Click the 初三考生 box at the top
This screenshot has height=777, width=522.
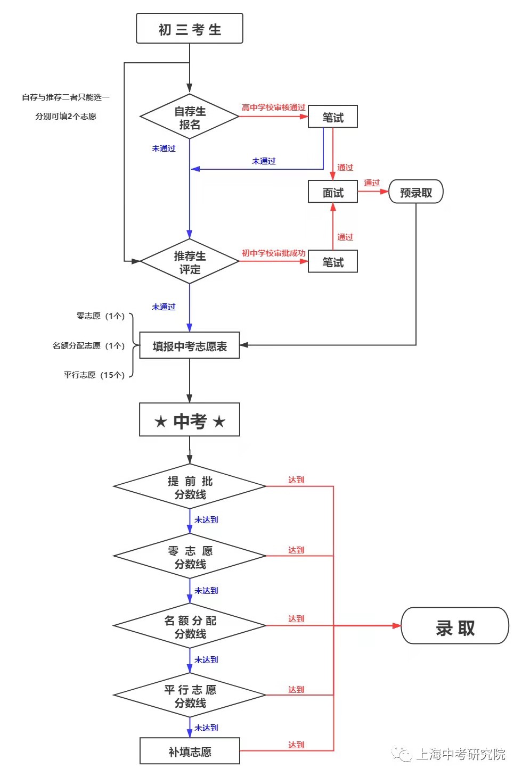tap(190, 29)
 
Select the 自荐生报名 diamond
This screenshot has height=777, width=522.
tap(190, 117)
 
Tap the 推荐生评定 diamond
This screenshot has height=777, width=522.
tap(190, 262)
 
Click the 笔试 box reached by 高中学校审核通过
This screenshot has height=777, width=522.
tap(333, 117)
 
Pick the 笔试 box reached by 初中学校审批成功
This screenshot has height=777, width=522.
tap(333, 262)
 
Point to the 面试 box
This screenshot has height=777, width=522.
tap(333, 192)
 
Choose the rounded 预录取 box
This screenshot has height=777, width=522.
tap(416, 192)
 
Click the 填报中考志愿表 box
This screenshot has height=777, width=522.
tap(190, 346)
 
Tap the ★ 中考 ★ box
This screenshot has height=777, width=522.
tap(190, 420)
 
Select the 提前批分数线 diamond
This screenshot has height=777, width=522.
tap(190, 487)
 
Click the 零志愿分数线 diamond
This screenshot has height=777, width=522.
tap(190, 557)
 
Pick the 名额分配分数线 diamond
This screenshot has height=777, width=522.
tap(190, 626)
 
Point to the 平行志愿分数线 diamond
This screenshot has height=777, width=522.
tap(190, 696)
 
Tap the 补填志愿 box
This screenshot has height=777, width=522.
tap(190, 751)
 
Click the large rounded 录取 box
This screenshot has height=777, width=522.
tap(455, 626)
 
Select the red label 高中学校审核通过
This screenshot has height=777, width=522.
tap(273, 108)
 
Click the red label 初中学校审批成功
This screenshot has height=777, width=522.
tap(273, 253)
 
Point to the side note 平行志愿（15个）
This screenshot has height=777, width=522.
tap(94, 375)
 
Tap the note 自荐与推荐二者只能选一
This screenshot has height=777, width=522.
tap(66, 97)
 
